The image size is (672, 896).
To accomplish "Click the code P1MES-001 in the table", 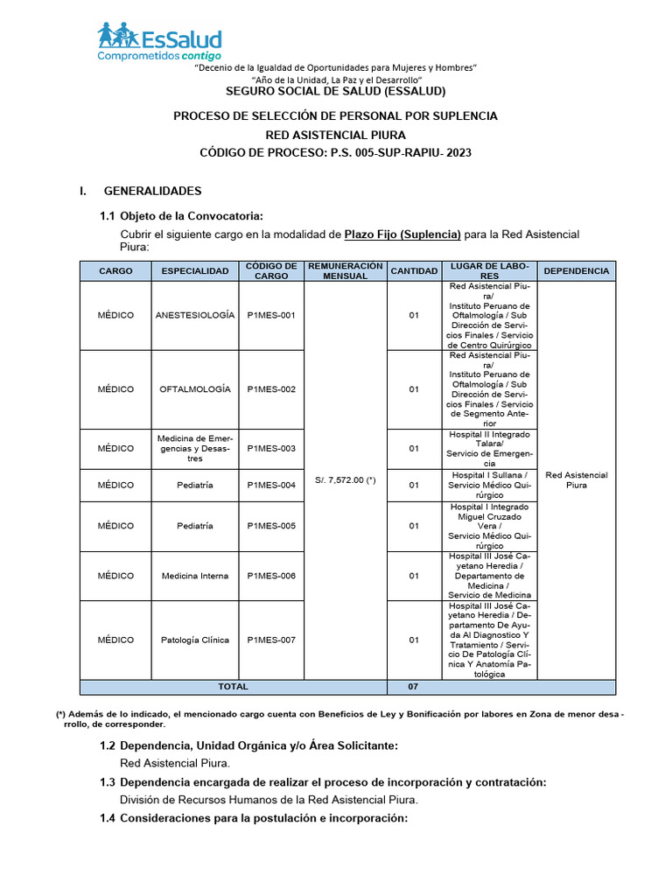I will (271, 315).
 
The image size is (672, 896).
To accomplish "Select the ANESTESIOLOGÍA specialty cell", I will (194, 315).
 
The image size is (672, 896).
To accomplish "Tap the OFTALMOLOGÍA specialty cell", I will (194, 388).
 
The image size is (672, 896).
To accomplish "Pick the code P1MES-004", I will (271, 484).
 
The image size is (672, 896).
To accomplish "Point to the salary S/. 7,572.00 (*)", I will (345, 479).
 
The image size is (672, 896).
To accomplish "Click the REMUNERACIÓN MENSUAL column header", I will (345, 271).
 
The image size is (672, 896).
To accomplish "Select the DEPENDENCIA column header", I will (576, 271).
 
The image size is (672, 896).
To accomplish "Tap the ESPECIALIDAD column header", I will (194, 271).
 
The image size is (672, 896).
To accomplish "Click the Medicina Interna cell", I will (194, 576).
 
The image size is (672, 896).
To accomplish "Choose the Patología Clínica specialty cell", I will (194, 640).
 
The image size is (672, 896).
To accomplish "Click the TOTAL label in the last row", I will (232, 687).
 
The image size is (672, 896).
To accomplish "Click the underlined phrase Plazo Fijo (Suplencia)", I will (402, 234).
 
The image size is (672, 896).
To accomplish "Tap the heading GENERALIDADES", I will (152, 191).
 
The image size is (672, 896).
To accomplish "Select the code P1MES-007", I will (271, 640).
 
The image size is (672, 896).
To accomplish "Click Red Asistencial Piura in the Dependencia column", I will (576, 479).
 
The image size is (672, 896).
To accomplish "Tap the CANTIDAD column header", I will (414, 271).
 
